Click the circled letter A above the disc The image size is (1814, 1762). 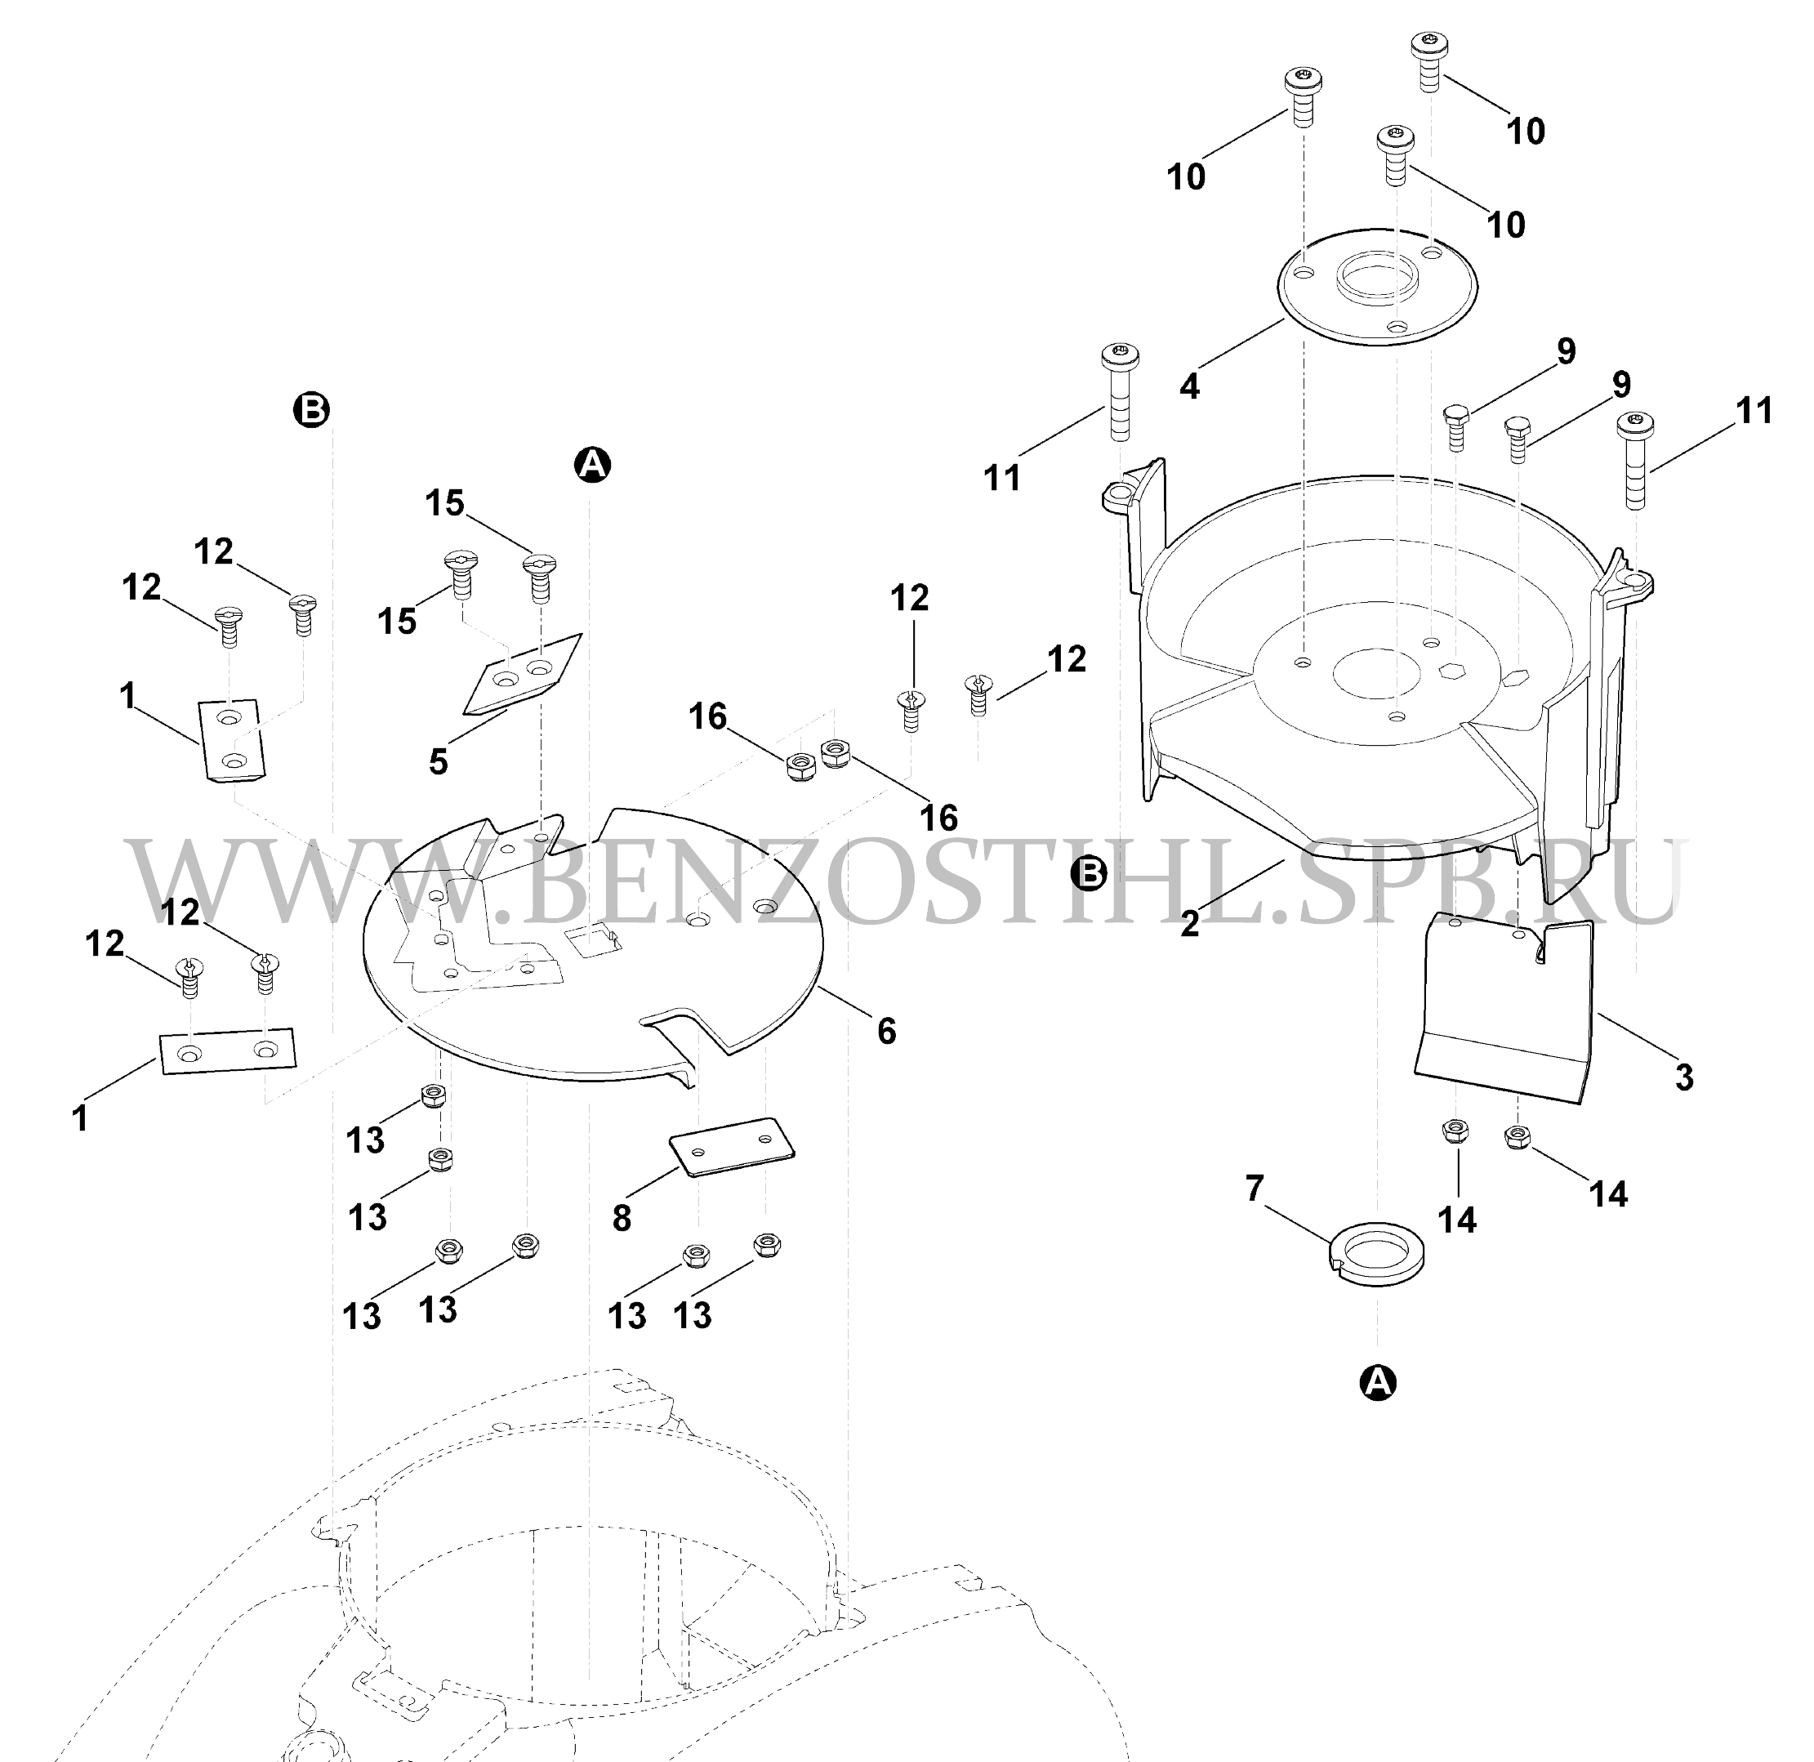click(x=593, y=464)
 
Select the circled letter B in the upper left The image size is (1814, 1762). click(x=312, y=408)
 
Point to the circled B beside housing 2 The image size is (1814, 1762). click(x=1090, y=872)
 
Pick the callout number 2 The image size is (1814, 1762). click(x=1190, y=922)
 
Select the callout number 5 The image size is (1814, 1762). click(x=439, y=761)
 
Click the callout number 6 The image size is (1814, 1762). click(x=885, y=1029)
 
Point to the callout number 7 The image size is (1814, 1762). click(x=1255, y=1185)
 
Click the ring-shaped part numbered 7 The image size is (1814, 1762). click(x=1377, y=1256)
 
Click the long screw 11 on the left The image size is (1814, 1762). click(x=1119, y=392)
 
